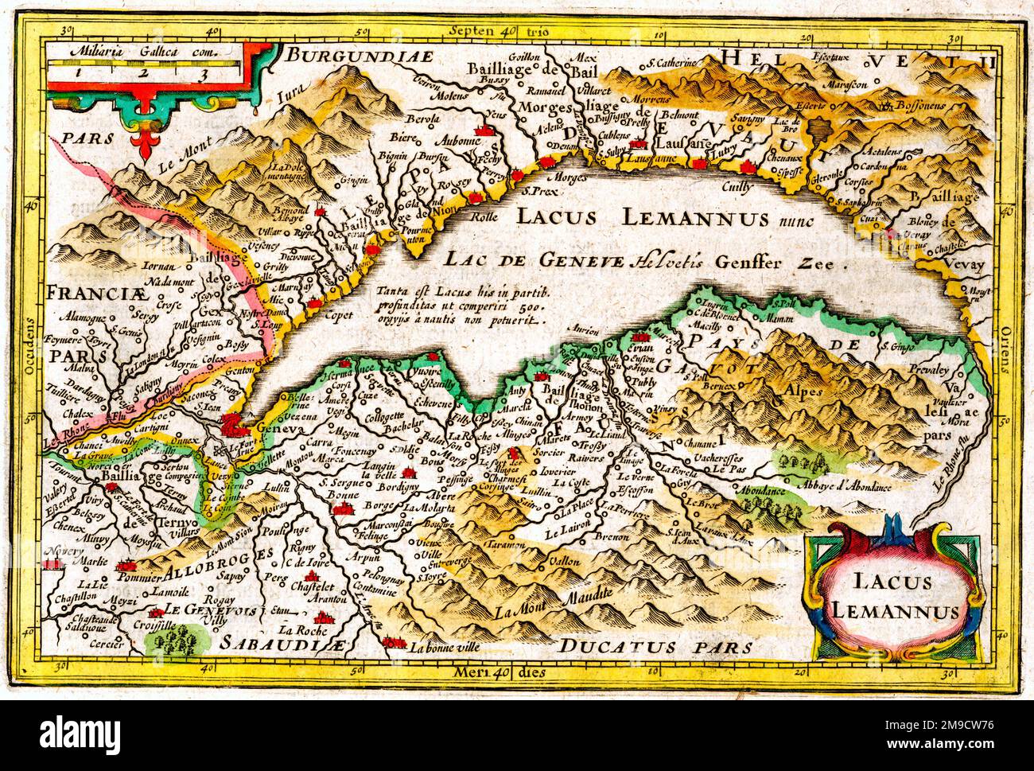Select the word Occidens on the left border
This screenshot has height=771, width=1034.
30,349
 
